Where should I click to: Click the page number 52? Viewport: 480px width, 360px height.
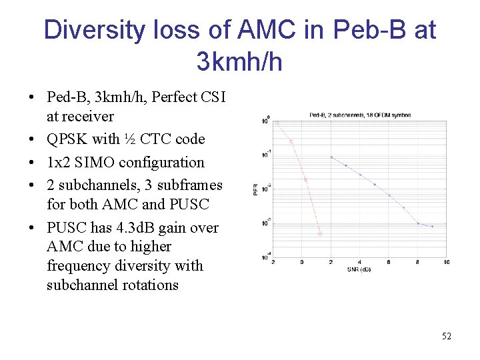click(x=446, y=336)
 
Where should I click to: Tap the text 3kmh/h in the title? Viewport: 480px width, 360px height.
click(x=239, y=62)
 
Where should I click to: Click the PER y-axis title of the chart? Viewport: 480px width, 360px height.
click(x=255, y=190)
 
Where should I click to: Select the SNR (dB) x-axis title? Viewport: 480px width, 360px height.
click(x=359, y=269)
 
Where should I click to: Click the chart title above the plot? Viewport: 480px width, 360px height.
click(x=360, y=115)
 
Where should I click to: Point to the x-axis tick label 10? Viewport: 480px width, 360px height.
click(x=446, y=262)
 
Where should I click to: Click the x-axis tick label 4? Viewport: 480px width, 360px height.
click(x=360, y=262)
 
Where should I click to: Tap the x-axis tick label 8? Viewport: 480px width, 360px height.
click(x=418, y=262)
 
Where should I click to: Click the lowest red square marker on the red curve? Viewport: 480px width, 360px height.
click(x=319, y=233)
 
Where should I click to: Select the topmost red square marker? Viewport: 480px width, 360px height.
click(x=277, y=123)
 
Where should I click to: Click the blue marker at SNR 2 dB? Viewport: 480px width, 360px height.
click(x=331, y=157)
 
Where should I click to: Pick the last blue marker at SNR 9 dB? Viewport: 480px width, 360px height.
click(x=432, y=227)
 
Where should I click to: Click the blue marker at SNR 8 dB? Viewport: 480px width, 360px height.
click(x=418, y=223)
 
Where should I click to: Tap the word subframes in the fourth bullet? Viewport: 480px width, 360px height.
click(x=189, y=185)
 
